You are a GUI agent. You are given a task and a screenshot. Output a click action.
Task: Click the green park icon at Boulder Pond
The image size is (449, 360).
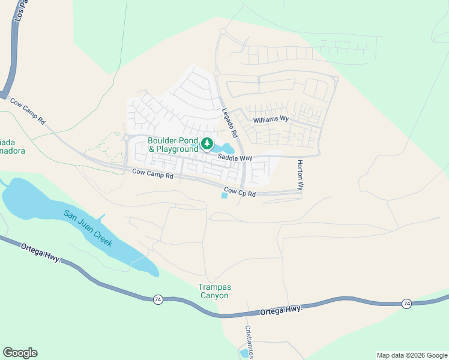[x=207, y=143]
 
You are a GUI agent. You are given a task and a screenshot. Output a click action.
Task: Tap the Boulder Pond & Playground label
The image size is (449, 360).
[x=173, y=145]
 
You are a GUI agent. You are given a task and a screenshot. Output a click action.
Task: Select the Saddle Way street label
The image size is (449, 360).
[x=234, y=158]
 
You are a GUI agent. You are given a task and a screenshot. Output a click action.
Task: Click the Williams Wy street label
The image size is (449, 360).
[x=271, y=119]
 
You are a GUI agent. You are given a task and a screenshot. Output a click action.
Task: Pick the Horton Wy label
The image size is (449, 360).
[x=300, y=175]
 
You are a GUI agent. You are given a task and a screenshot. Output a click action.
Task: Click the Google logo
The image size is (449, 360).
[x=20, y=353]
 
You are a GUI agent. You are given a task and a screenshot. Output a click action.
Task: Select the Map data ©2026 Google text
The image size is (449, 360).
[x=411, y=355]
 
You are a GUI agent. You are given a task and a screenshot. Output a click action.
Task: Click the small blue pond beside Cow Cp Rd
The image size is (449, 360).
[x=224, y=196]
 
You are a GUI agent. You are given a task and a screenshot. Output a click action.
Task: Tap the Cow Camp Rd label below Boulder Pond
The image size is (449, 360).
[x=152, y=176]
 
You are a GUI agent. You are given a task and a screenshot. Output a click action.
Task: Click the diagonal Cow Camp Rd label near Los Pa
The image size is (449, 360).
[x=28, y=110]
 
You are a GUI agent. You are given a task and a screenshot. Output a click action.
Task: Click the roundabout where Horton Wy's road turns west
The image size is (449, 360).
[x=336, y=79]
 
